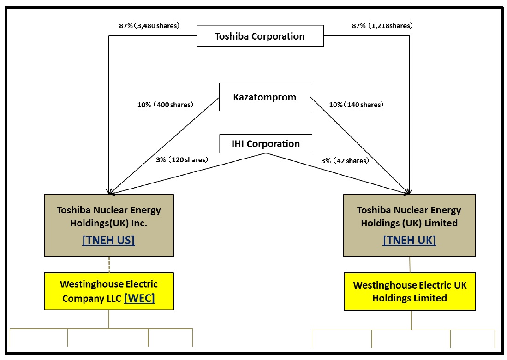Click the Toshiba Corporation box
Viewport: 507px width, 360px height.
tap(260, 36)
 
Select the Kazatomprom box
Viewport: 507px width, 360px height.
tap(264, 97)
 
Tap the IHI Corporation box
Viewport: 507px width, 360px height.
tap(265, 144)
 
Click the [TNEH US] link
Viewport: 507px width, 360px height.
tap(108, 241)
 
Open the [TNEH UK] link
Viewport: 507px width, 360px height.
tap(409, 240)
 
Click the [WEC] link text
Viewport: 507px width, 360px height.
tap(139, 298)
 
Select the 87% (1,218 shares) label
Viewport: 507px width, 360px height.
tap(382, 26)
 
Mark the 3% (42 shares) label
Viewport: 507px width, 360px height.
tap(345, 160)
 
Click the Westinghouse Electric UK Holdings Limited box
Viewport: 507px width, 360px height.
tap(410, 291)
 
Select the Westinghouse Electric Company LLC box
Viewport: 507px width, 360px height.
tap(109, 291)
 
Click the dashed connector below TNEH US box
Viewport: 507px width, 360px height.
tap(109, 265)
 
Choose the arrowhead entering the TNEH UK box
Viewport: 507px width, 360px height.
tap(409, 191)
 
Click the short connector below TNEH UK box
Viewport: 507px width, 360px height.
tap(410, 265)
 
